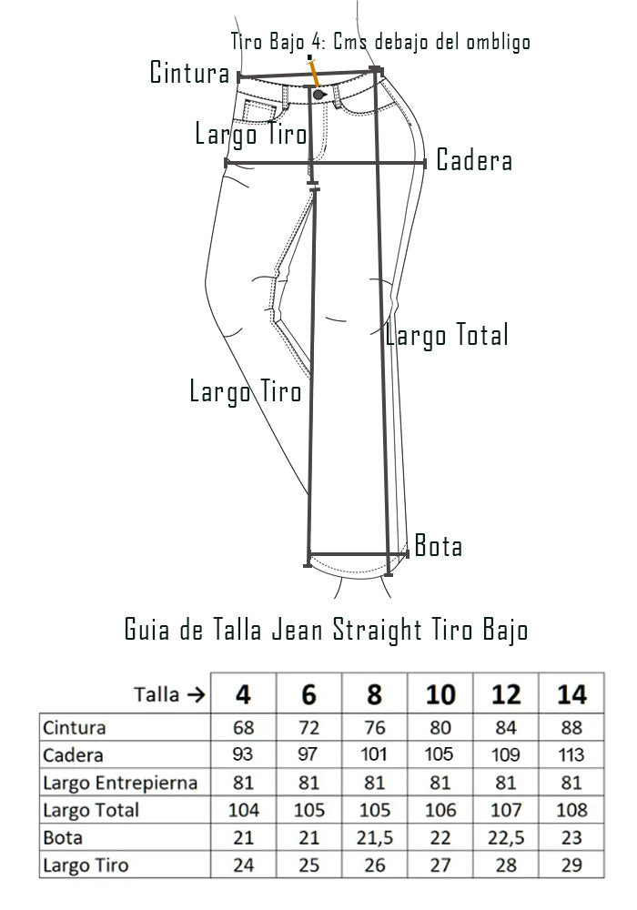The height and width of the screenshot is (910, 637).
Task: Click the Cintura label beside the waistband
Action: tap(189, 73)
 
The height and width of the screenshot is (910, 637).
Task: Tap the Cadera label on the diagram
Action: tap(474, 160)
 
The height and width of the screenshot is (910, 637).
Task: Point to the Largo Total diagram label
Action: tap(448, 336)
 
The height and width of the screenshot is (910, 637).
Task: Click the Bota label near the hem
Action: tap(439, 546)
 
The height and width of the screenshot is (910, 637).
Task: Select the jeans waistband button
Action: tap(318, 94)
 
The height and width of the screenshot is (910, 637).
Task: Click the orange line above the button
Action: tap(314, 73)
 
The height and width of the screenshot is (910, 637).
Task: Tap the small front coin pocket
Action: tap(256, 110)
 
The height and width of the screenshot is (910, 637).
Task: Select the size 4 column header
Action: tap(243, 694)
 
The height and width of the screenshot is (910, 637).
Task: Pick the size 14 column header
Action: tap(571, 694)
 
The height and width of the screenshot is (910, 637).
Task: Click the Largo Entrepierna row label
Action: tap(120, 783)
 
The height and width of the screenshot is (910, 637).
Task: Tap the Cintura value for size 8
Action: tap(374, 727)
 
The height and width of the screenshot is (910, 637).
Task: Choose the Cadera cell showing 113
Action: tap(571, 754)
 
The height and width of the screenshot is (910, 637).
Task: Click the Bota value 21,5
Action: tap(375, 838)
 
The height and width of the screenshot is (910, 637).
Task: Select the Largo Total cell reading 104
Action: tap(243, 810)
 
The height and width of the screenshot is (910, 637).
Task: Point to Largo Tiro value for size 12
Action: tap(506, 865)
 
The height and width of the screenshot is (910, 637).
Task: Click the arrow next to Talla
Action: tap(197, 694)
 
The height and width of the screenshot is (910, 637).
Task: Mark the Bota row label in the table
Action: tap(63, 838)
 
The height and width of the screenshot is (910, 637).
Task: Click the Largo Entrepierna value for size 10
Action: tap(440, 783)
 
